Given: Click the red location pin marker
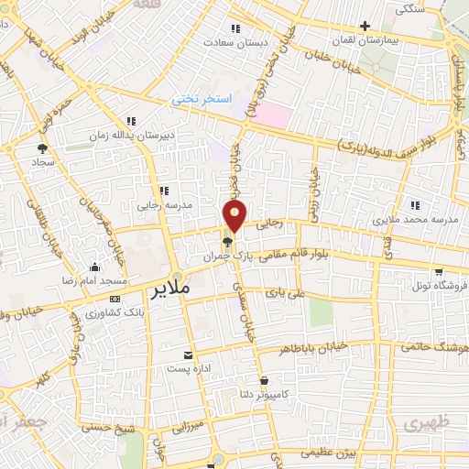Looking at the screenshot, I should coord(236,215).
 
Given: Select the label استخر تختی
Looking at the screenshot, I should coord(205,98).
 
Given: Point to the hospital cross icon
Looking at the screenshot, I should coord(366,26).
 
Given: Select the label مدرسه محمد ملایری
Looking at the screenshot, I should coord(413,221).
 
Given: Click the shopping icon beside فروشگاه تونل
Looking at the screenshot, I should coord(440,272).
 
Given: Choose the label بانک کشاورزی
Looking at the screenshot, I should coord(94,313).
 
